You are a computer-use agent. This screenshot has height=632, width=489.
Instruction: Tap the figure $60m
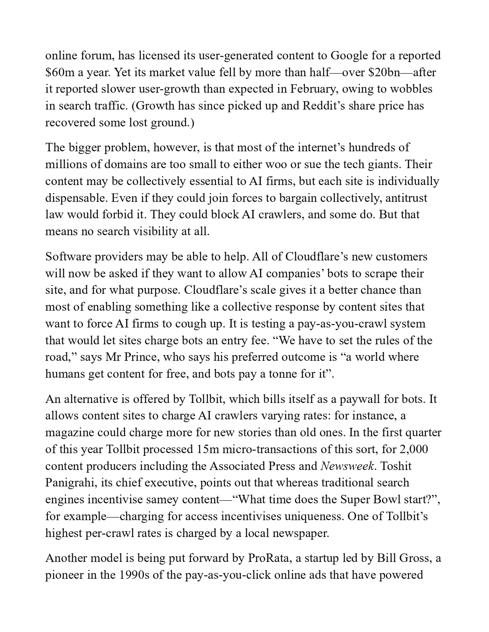pyautogui.click(x=61, y=72)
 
